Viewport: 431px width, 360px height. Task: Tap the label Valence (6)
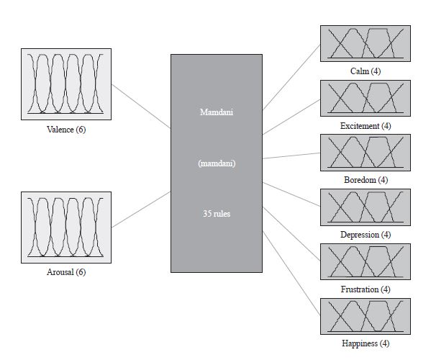point(65,130)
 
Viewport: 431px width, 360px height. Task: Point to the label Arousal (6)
point(65,272)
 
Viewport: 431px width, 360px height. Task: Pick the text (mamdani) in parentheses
point(217,163)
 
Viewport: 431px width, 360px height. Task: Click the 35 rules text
point(217,214)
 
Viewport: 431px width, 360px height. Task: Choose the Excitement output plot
point(365,97)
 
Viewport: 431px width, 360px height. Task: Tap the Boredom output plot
point(365,152)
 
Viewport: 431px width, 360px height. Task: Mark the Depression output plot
point(365,207)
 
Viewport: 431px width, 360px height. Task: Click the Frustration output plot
point(365,261)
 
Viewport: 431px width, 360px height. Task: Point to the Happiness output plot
point(365,316)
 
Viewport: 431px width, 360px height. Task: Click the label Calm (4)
point(366,72)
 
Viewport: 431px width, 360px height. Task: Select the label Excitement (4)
point(366,126)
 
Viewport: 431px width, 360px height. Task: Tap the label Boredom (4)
point(366,180)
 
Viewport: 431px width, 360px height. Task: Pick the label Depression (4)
point(366,235)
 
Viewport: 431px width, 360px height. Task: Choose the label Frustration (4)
point(366,289)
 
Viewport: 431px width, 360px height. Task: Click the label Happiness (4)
point(366,344)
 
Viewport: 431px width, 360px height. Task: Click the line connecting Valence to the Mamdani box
point(141,107)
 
